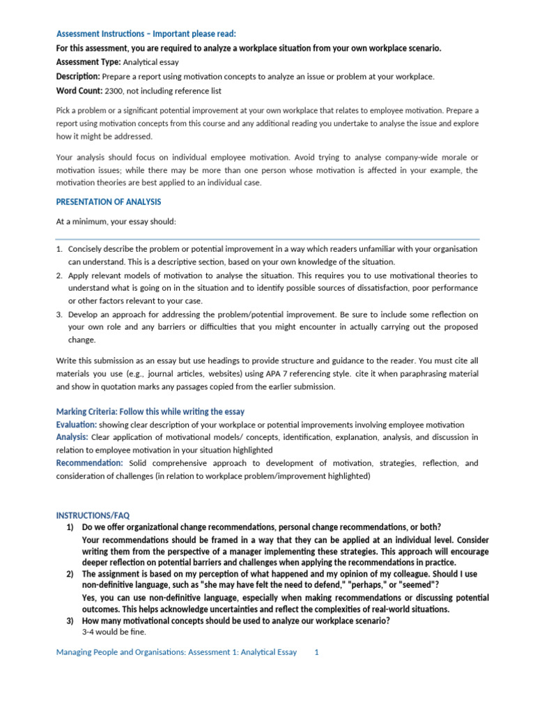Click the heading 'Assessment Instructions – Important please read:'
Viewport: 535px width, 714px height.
click(146, 34)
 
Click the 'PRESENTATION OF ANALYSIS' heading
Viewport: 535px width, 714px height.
click(108, 202)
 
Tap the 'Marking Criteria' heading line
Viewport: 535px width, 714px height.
click(150, 411)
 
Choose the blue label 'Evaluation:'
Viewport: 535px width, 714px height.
click(76, 425)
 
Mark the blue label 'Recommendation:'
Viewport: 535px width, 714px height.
click(89, 463)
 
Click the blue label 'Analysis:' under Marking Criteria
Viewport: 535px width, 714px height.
click(72, 437)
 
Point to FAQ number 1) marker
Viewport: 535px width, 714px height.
click(70, 526)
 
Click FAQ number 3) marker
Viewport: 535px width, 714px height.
click(70, 621)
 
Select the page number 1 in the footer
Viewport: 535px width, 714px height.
click(316, 652)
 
